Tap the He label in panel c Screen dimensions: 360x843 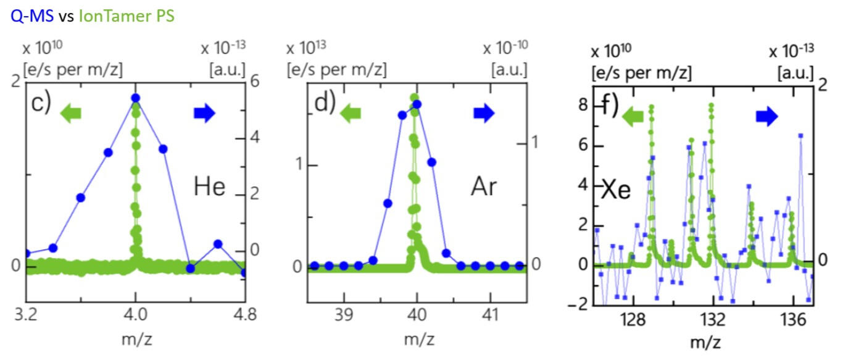click(x=209, y=186)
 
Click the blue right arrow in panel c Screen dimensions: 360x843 click(x=204, y=112)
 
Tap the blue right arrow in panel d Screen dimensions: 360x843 click(x=484, y=112)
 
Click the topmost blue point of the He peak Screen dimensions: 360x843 click(x=136, y=98)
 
